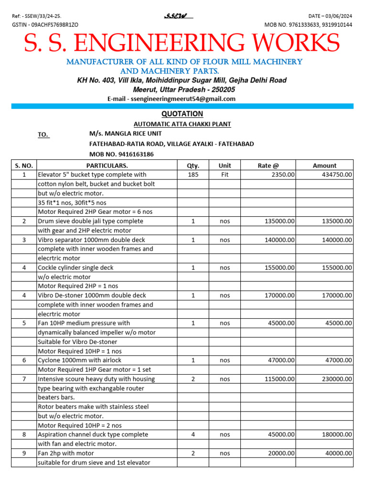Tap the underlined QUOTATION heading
pyautogui.click(x=182, y=114)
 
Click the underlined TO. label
pyautogui.click(x=43, y=135)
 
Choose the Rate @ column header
pyautogui.click(x=268, y=166)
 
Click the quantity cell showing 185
pyautogui.click(x=193, y=175)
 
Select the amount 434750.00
pyautogui.click(x=337, y=175)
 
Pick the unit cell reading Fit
pyautogui.click(x=225, y=175)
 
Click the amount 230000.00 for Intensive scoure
pyautogui.click(x=337, y=379)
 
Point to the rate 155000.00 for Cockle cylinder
pyautogui.click(x=280, y=268)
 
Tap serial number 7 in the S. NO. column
pyautogui.click(x=24, y=379)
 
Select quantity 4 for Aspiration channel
pyautogui.click(x=193, y=434)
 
